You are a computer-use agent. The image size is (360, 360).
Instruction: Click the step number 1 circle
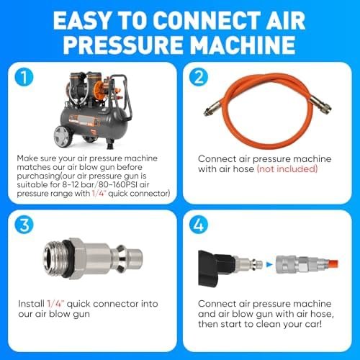24,77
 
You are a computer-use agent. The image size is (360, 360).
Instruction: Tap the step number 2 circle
199,77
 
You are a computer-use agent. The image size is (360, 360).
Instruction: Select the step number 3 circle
24,225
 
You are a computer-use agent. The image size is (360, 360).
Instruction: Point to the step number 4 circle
199,225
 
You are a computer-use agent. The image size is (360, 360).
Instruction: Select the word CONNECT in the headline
207,20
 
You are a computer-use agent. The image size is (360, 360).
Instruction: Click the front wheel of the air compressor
63,136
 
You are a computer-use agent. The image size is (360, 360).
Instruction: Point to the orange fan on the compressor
99,89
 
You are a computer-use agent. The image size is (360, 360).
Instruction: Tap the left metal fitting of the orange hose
212,108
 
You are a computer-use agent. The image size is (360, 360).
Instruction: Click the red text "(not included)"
287,168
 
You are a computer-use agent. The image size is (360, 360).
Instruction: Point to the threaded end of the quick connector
53,258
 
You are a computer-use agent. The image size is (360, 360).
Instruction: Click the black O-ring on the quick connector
66,258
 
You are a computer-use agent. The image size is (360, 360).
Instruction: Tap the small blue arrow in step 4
270,264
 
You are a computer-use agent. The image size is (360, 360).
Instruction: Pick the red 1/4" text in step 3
55,304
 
